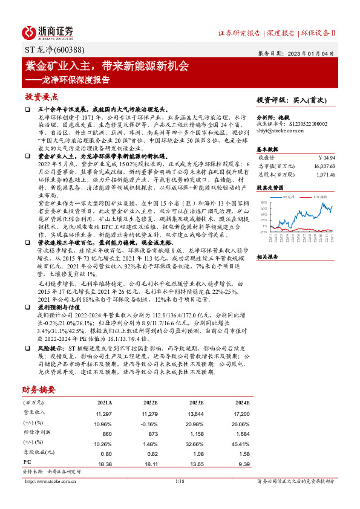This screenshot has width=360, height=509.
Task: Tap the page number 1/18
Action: [x=180, y=481]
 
